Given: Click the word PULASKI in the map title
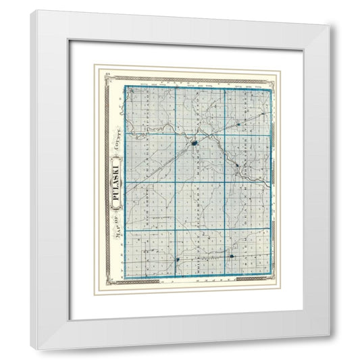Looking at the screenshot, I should point(116,180).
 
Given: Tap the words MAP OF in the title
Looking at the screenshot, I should point(116,226).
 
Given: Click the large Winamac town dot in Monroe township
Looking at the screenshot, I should point(194,143).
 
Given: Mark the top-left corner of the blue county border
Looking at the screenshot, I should point(126,87).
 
